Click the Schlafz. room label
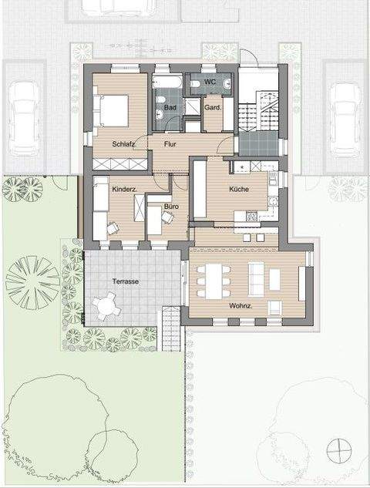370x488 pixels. [123, 144]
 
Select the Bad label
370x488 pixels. [170, 108]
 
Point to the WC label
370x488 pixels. [210, 82]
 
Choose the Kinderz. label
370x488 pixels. [125, 189]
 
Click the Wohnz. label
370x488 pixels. [240, 305]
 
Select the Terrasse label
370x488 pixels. [124, 282]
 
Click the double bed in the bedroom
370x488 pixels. [113, 109]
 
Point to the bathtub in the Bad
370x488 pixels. [168, 81]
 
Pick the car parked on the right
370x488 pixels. [345, 117]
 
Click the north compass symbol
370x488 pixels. [337, 448]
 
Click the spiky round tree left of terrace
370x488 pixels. [32, 281]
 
